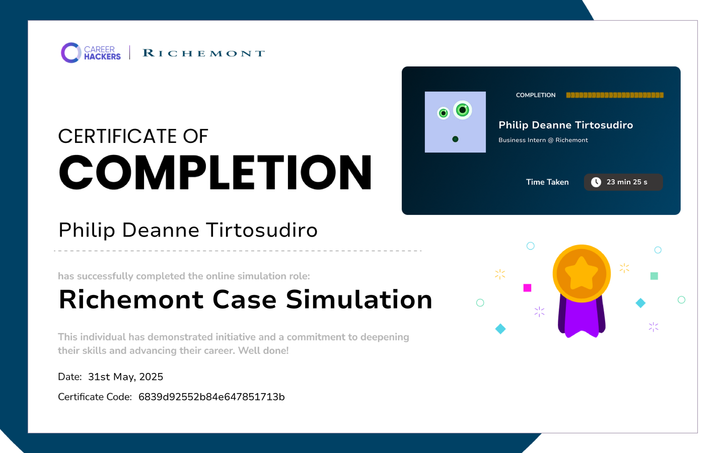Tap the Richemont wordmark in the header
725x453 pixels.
tap(204, 53)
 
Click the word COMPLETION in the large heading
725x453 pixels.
tap(215, 172)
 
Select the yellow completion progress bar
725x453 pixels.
tap(615, 95)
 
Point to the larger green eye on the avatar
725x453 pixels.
tap(463, 110)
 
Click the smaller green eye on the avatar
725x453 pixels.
tap(444, 113)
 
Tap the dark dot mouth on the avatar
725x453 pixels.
tap(455, 139)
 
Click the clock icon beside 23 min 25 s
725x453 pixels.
tap(596, 182)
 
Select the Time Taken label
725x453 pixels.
tap(547, 182)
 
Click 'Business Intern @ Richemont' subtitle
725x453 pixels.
tap(543, 140)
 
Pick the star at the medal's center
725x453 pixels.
tap(582, 273)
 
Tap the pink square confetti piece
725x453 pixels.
tap(527, 288)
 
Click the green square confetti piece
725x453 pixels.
tap(654, 276)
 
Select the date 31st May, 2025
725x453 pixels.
tap(125, 377)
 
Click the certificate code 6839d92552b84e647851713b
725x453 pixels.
tap(211, 397)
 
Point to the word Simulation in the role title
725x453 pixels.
tap(359, 299)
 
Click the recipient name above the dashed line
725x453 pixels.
tap(188, 231)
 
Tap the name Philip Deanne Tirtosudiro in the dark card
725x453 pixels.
tap(566, 125)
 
